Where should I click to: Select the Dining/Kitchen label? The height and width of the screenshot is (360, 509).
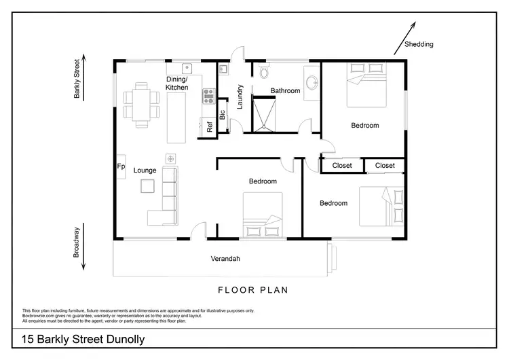click(x=177, y=84)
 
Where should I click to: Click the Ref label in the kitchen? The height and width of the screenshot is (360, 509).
click(x=210, y=127)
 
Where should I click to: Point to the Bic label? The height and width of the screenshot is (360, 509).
click(x=222, y=114)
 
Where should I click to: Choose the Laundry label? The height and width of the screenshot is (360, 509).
click(x=240, y=96)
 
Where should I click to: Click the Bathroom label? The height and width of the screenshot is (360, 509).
click(x=285, y=90)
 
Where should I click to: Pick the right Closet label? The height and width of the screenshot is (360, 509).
click(x=385, y=165)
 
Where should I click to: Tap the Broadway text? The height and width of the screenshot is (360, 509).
click(x=77, y=242)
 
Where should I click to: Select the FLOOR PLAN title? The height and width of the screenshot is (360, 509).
click(x=253, y=290)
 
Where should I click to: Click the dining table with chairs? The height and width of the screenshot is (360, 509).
click(x=142, y=104)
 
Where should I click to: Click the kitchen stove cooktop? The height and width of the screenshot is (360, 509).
click(x=208, y=98)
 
